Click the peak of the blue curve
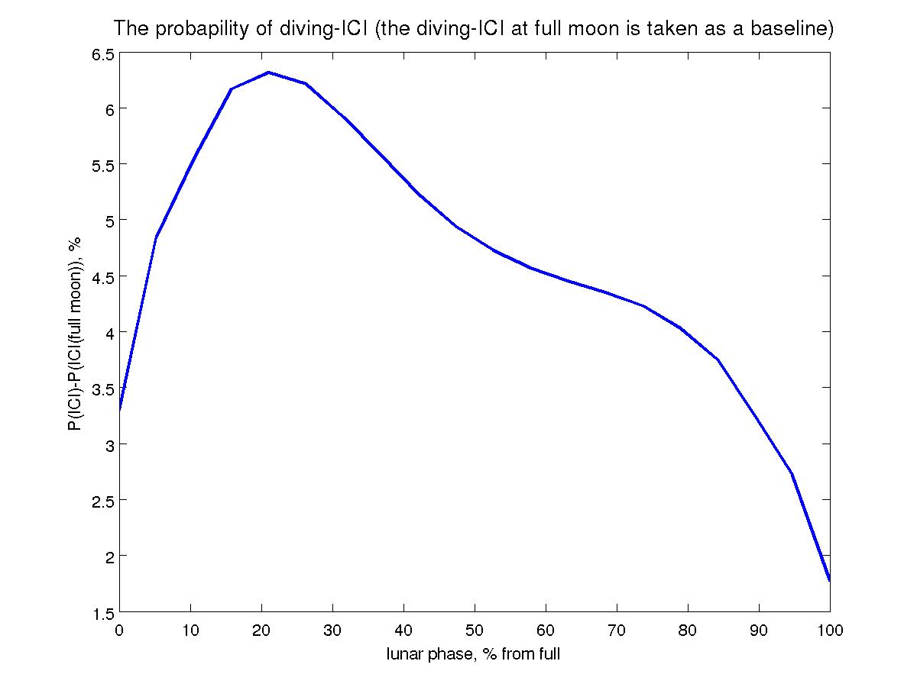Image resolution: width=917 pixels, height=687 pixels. point(267,73)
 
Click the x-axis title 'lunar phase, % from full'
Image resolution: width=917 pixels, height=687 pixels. point(474,654)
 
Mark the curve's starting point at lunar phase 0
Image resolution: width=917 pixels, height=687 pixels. point(120,410)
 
